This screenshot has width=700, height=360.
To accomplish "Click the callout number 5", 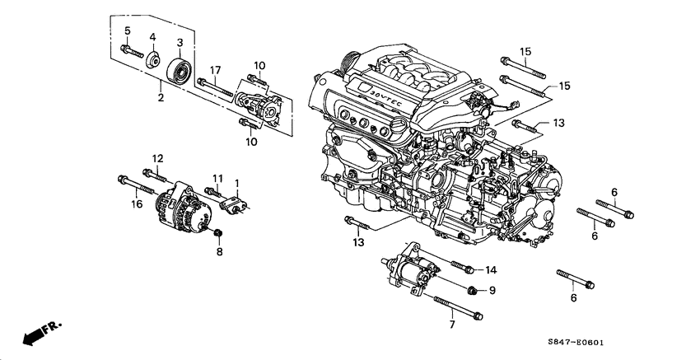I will point(128,31).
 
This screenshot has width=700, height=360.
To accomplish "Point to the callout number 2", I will point(161,98).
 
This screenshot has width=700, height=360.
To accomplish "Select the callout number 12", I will point(157,158).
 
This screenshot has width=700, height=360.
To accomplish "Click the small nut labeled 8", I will point(219,237).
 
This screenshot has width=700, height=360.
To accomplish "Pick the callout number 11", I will point(218,178).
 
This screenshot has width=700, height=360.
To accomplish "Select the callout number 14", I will point(492,269).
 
